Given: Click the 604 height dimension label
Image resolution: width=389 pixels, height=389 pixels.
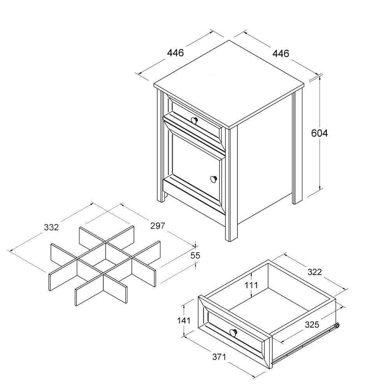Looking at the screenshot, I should pos(319,133).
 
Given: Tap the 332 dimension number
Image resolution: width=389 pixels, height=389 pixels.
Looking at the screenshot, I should pos(51,227).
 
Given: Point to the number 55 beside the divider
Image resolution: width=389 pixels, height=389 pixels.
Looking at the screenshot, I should pos(195,255).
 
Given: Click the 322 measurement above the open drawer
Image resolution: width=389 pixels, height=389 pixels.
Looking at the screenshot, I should pos(314,272).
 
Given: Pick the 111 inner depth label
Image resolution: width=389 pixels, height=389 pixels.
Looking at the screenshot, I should pos(251,285).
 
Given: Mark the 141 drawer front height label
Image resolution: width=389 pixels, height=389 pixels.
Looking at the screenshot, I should pos(183,321).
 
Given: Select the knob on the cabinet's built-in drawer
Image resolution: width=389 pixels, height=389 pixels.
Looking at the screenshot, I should pos(195,119).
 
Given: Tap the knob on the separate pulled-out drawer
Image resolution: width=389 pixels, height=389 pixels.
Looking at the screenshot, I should pos(233,332).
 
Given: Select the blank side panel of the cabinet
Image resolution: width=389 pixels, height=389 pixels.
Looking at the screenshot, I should pos(265,163).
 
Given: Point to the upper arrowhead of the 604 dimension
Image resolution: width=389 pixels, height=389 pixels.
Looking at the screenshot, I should pos(320,78).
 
